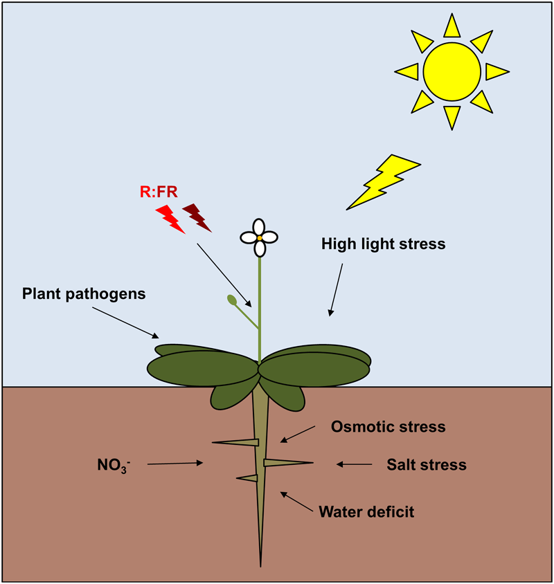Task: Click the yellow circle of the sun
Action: coord(452,71)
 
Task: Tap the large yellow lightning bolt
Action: coord(383,181)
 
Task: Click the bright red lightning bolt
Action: coord(170,218)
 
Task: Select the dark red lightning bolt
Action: coord(197,217)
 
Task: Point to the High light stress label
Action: coord(383,244)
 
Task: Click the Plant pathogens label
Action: coord(83,293)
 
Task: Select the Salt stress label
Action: coord(426,464)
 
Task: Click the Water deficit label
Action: coord(366,512)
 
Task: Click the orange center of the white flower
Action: coord(259,237)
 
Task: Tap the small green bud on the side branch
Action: coord(231,300)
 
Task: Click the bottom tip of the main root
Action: coord(260,564)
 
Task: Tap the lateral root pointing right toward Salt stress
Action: coord(287,462)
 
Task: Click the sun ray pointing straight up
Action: coord(452,26)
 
